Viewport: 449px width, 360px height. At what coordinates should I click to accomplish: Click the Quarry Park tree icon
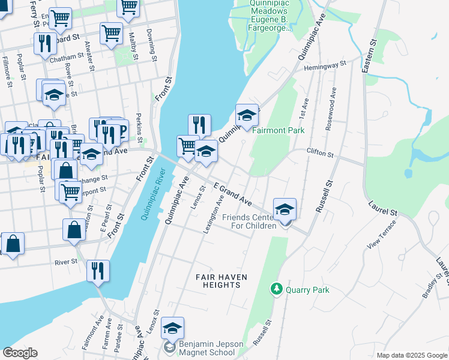(x=277, y=290)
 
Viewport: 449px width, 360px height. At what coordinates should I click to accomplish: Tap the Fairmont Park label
(x=277, y=130)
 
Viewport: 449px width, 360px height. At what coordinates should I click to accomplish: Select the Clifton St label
(x=320, y=154)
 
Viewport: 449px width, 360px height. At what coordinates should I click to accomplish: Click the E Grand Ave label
(x=231, y=193)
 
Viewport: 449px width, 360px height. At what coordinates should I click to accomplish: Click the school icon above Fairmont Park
(x=247, y=115)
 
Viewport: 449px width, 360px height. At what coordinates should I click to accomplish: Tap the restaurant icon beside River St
(x=97, y=271)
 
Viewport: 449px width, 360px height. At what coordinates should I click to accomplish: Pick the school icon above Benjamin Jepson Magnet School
(x=172, y=328)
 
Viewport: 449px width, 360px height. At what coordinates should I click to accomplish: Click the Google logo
(x=20, y=353)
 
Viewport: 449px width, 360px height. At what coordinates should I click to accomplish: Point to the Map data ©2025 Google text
(x=411, y=355)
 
